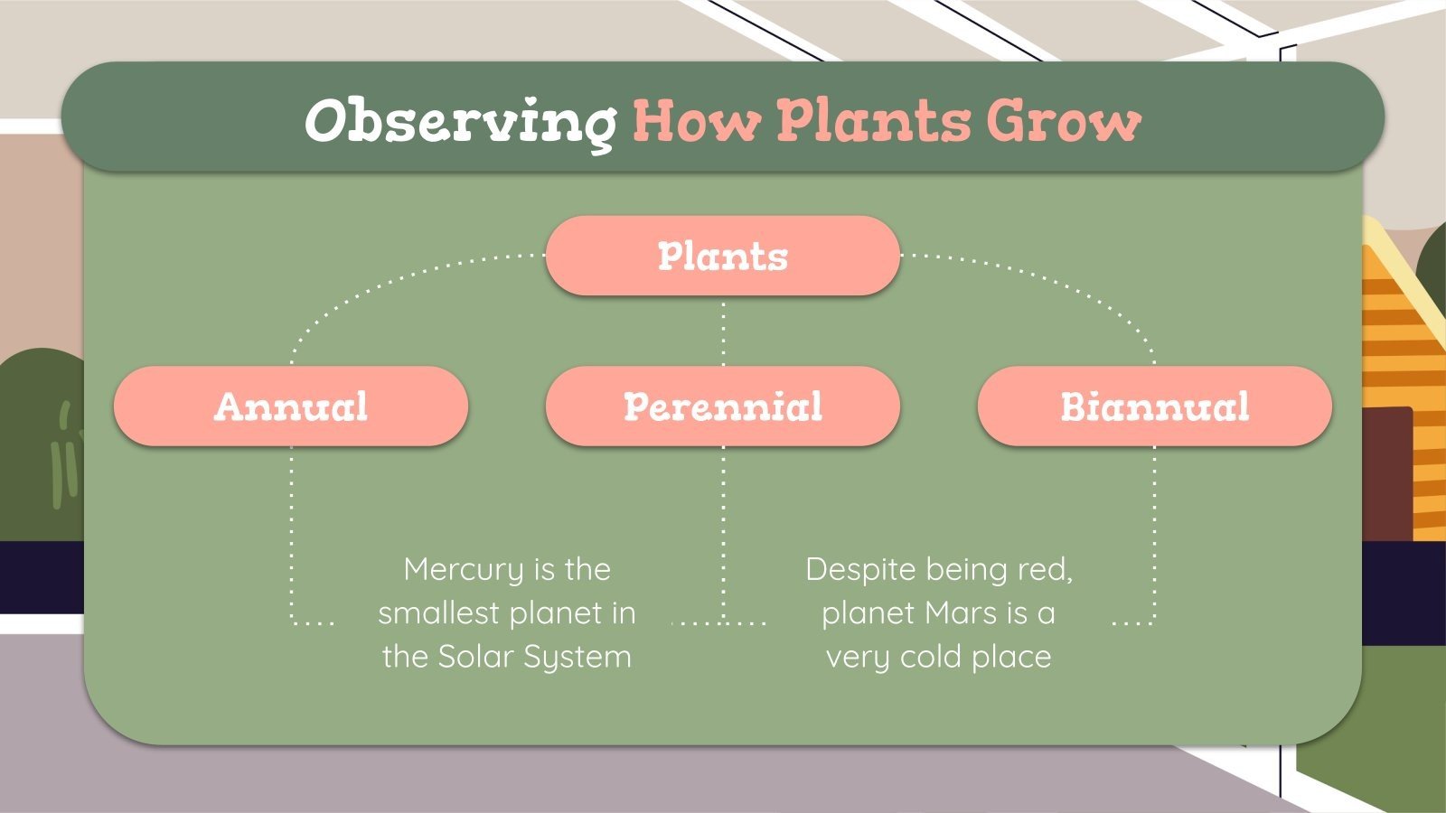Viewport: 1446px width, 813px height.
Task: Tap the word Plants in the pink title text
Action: (x=873, y=120)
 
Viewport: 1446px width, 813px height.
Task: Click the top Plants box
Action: (x=723, y=256)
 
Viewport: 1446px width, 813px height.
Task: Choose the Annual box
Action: (x=291, y=406)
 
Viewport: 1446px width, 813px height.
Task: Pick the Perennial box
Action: (x=723, y=406)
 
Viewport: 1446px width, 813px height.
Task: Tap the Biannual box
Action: (x=1154, y=406)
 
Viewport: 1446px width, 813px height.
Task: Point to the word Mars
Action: (x=961, y=613)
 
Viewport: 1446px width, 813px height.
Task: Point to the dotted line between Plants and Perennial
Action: (x=723, y=331)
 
